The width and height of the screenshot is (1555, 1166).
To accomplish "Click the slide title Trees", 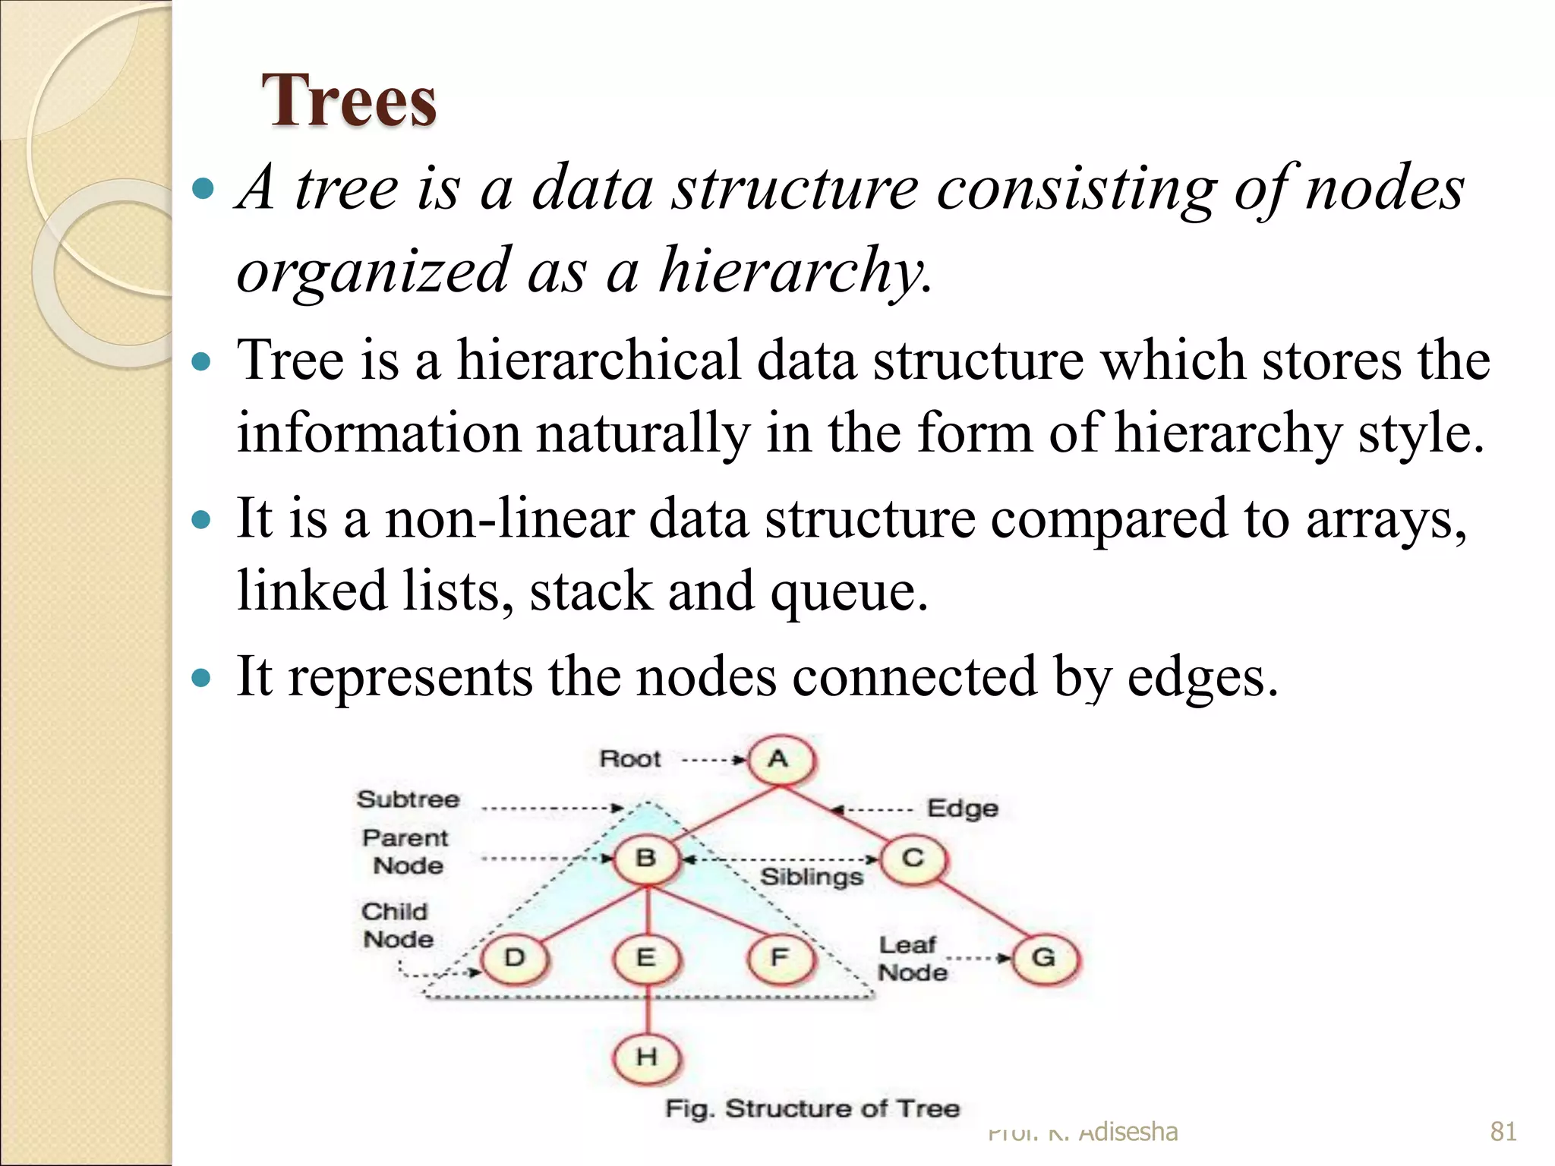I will (x=349, y=100).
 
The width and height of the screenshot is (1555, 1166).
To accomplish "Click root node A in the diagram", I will (x=780, y=759).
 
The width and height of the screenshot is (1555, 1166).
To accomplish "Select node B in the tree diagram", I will (x=646, y=859).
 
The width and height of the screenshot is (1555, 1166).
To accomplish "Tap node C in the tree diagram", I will (x=913, y=859).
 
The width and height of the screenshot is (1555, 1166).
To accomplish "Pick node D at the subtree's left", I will (x=515, y=958).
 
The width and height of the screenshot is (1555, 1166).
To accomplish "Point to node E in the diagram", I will (x=646, y=958).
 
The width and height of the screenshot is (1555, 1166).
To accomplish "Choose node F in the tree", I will (x=780, y=958).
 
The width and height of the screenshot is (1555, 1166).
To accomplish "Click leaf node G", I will (x=1045, y=958).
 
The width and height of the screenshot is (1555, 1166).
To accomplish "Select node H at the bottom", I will (x=646, y=1057).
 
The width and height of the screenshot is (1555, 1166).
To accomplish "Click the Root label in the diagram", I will (x=630, y=759).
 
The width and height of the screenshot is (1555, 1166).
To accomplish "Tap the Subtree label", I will (x=408, y=799).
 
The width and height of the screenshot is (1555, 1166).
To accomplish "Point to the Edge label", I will (x=963, y=808).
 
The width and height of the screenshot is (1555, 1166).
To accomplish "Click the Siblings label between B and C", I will (x=812, y=878).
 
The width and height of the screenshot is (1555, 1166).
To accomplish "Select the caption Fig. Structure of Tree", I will (x=812, y=1109).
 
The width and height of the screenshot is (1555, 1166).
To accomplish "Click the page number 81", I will (x=1503, y=1132).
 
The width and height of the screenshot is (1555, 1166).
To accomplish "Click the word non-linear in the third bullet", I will (x=509, y=519).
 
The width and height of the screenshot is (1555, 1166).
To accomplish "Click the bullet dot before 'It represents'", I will (x=201, y=677).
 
